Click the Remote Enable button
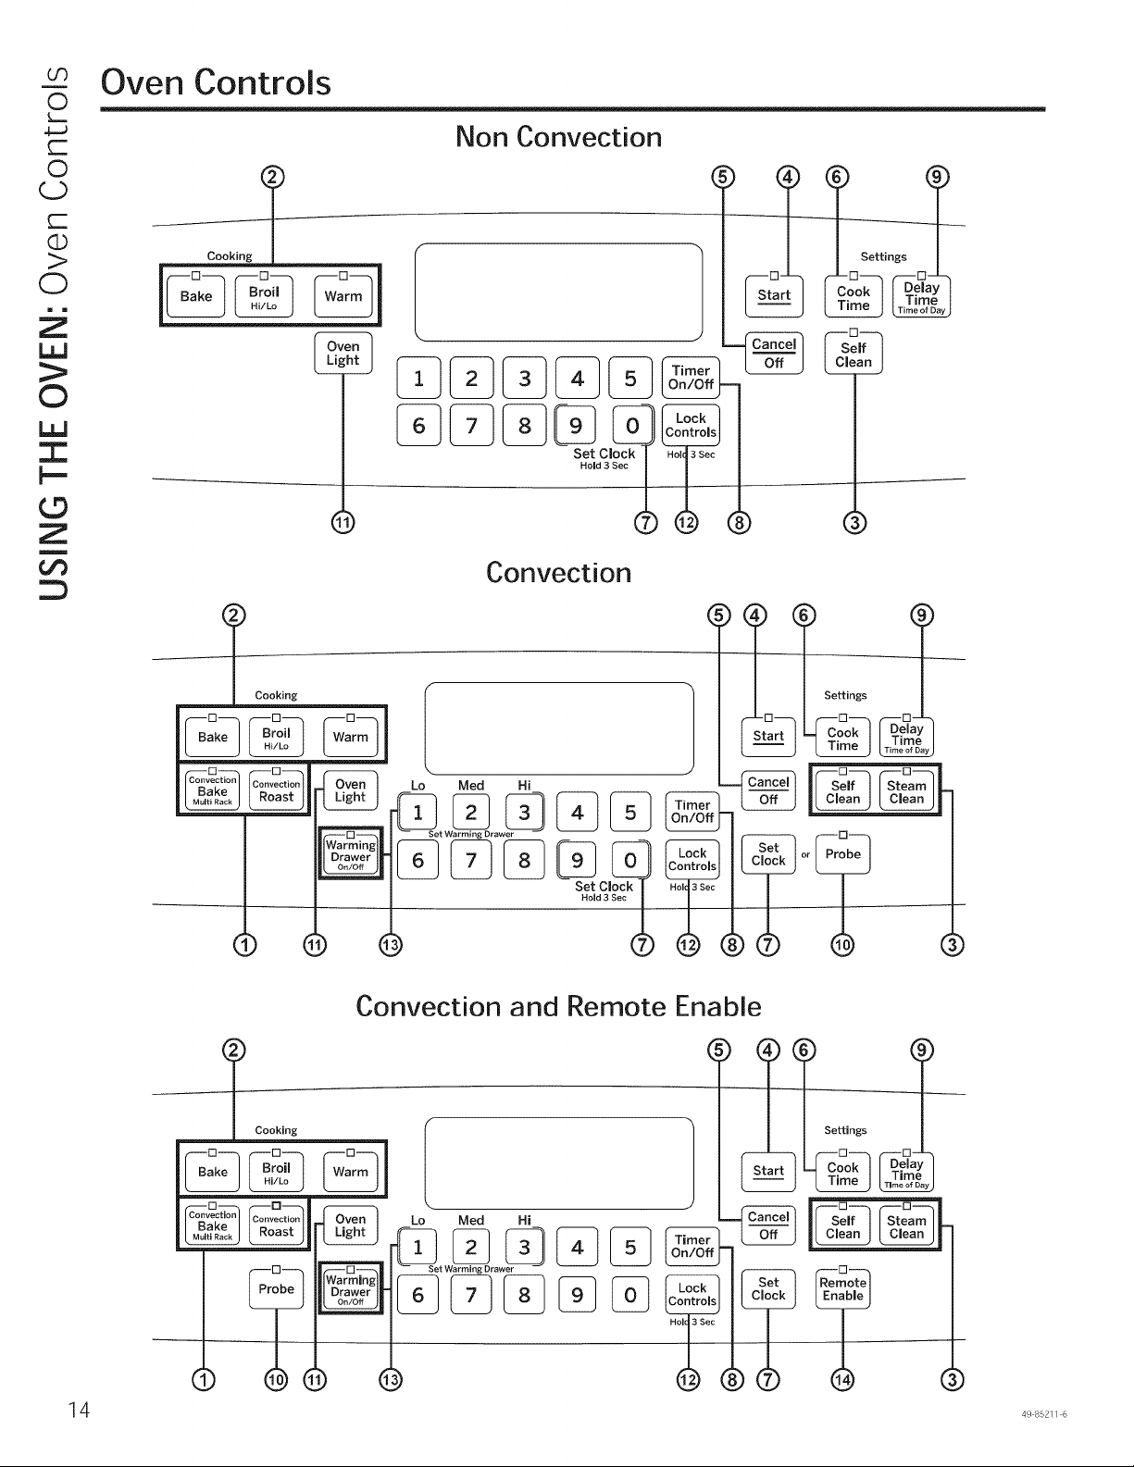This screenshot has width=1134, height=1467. pyautogui.click(x=842, y=1288)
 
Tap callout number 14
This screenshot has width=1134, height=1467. pyautogui.click(x=842, y=1380)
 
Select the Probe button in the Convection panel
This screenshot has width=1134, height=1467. pyautogui.click(x=842, y=854)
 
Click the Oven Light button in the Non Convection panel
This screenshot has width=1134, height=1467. pyautogui.click(x=343, y=353)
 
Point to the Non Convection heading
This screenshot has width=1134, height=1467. pyautogui.click(x=558, y=137)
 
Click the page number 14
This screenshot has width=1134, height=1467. pyautogui.click(x=79, y=1410)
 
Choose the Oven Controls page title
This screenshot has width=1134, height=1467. pyautogui.click(x=216, y=83)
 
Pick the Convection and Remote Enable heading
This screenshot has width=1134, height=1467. pyautogui.click(x=558, y=1007)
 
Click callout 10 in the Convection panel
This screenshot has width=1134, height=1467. pyautogui.click(x=842, y=944)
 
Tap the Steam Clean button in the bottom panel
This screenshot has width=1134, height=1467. pyautogui.click(x=906, y=1226)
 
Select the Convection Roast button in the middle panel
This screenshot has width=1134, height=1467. pyautogui.click(x=276, y=790)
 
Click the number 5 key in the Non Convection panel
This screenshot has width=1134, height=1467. pyautogui.click(x=629, y=378)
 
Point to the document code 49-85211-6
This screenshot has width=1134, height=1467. pyautogui.click(x=1044, y=1414)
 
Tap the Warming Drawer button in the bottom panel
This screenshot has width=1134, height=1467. pyautogui.click(x=350, y=1288)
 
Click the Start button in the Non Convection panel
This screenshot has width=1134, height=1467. pyautogui.click(x=774, y=295)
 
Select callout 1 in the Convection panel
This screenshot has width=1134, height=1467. pyautogui.click(x=245, y=944)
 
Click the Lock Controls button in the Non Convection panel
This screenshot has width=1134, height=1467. pyautogui.click(x=691, y=426)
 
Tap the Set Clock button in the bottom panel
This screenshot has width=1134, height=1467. pyautogui.click(x=768, y=1288)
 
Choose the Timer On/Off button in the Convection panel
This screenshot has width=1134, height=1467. pyautogui.click(x=692, y=812)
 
